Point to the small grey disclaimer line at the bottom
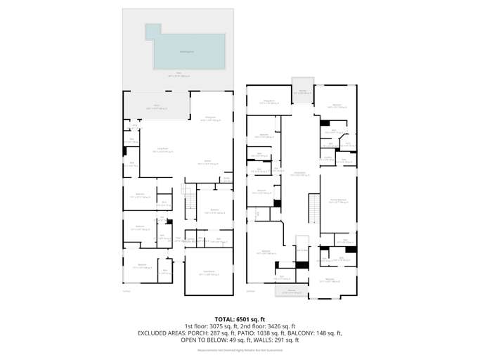[240, 349]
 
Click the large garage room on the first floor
[208, 274]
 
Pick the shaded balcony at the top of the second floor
[303, 90]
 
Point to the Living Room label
[161, 150]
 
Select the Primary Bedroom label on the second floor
[338, 200]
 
